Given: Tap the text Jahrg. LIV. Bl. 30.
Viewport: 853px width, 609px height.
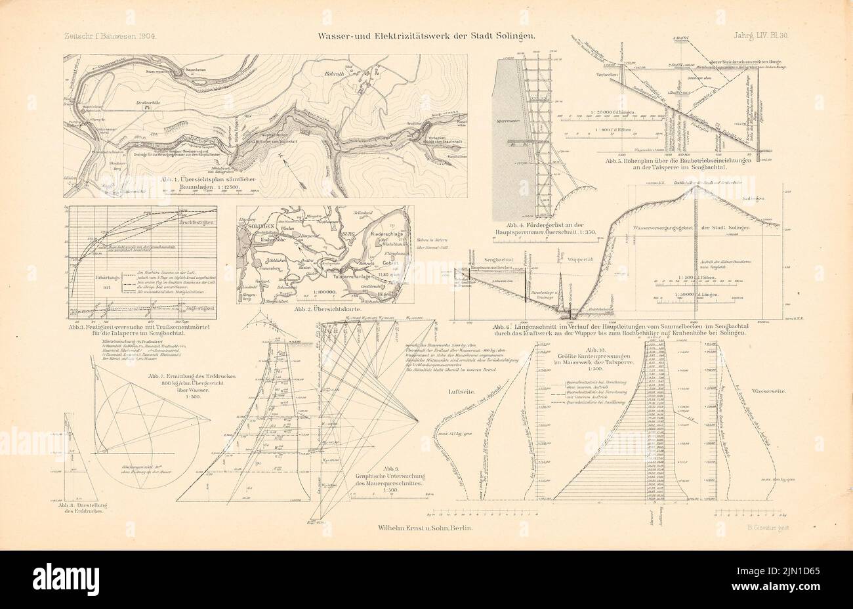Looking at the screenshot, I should click(x=749, y=36).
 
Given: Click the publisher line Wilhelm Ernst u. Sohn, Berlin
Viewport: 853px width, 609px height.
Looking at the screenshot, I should click(x=426, y=527).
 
